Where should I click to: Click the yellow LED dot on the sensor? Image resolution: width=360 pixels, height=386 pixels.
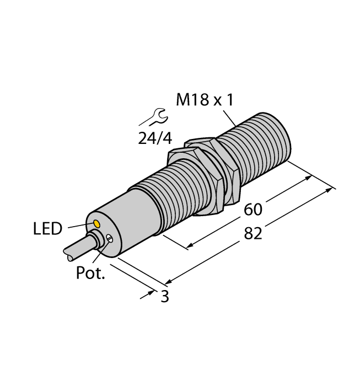click(x=98, y=224)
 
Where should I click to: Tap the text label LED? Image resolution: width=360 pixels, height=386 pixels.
click(x=48, y=229)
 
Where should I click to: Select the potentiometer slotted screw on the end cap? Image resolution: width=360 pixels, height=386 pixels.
click(x=111, y=239)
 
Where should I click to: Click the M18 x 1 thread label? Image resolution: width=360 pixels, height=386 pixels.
click(x=204, y=100)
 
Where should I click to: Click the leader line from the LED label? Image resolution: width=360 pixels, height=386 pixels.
click(x=79, y=226)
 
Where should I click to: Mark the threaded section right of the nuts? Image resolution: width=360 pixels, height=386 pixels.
click(x=259, y=149)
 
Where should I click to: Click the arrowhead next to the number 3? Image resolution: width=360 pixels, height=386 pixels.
click(x=151, y=294)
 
